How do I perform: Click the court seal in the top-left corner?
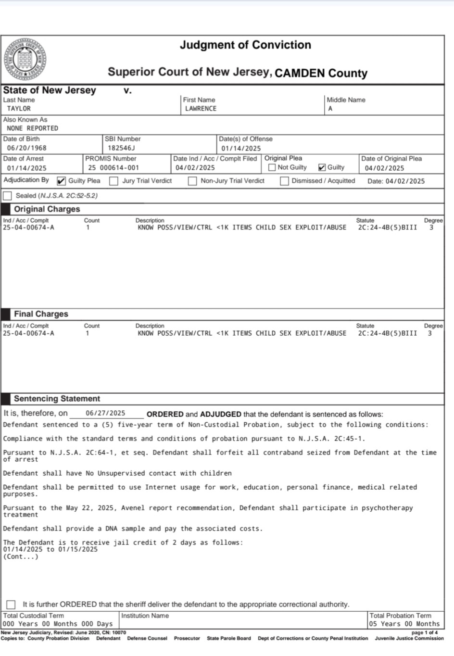[x=25, y=59]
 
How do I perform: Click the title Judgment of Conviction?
[x=245, y=45]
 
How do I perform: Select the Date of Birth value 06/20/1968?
[x=26, y=148]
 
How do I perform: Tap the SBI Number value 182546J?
[x=121, y=148]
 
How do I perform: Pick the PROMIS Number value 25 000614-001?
[x=113, y=168]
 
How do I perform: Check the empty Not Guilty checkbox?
[x=272, y=167]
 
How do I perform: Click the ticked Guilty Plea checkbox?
[x=61, y=181]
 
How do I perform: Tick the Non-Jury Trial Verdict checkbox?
[x=192, y=181]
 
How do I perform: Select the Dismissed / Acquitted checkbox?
[x=284, y=181]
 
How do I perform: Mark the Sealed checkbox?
[x=8, y=196]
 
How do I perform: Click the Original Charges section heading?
[x=47, y=209]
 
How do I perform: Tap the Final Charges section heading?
[x=41, y=314]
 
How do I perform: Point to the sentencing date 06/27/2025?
[x=105, y=413]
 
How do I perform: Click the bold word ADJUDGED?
[x=220, y=414]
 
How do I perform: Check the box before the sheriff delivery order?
[x=11, y=605]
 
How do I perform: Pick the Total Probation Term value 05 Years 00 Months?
[x=404, y=624]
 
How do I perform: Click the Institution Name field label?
[x=145, y=616]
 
